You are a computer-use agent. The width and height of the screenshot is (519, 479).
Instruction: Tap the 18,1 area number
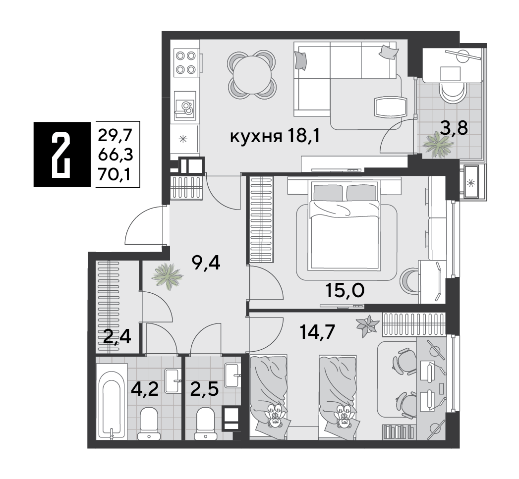(304, 136)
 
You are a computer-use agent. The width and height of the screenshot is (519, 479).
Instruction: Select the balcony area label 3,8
(454, 128)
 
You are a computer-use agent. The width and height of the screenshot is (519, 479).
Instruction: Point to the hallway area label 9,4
(206, 263)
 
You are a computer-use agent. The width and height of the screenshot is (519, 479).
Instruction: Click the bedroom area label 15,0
(345, 290)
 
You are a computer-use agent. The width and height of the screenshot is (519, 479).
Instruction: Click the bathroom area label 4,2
(145, 389)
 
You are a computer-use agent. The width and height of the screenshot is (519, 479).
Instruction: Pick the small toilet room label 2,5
(205, 389)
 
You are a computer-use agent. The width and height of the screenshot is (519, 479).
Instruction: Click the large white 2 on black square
(61, 154)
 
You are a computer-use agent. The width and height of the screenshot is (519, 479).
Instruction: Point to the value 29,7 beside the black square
(115, 135)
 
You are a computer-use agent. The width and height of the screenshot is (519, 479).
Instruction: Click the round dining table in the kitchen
(252, 74)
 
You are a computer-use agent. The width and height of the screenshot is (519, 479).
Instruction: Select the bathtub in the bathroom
(112, 402)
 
